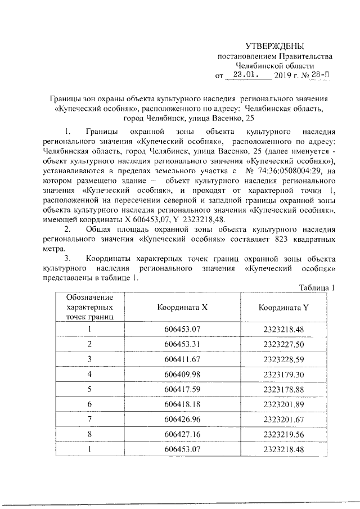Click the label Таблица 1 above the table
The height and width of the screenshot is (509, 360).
[x=317, y=288]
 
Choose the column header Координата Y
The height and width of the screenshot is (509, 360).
[x=283, y=308]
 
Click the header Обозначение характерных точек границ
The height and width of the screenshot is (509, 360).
[x=89, y=307]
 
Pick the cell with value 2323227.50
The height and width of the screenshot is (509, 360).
[x=283, y=344]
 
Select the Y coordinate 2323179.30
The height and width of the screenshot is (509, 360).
[x=283, y=374]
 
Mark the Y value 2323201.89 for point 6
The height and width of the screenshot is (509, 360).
[x=283, y=404]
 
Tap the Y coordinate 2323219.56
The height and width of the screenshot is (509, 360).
[x=283, y=434]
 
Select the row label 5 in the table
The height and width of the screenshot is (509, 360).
[x=89, y=389]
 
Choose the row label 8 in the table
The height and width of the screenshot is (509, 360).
[x=89, y=434]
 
